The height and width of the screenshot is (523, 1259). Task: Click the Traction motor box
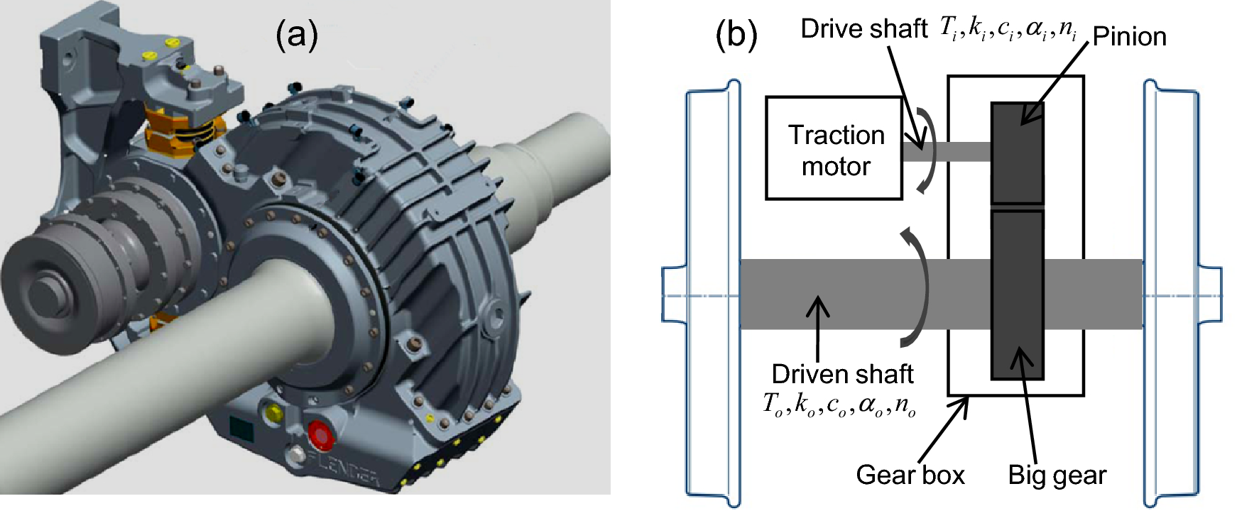click(x=834, y=148)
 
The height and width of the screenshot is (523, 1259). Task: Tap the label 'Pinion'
click(x=1129, y=37)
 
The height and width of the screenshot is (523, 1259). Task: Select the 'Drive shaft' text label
click(x=863, y=29)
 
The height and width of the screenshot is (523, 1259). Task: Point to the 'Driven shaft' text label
click(x=842, y=374)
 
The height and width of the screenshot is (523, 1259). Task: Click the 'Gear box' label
click(x=910, y=475)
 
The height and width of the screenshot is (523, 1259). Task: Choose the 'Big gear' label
click(x=1057, y=475)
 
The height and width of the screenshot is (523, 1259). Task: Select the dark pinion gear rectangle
click(x=1017, y=153)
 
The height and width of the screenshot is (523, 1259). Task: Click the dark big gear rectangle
click(x=1017, y=294)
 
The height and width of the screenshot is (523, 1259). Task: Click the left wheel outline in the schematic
click(x=710, y=294)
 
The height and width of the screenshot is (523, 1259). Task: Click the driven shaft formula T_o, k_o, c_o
click(x=839, y=404)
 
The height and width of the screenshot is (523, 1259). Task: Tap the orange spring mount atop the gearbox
click(x=173, y=127)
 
